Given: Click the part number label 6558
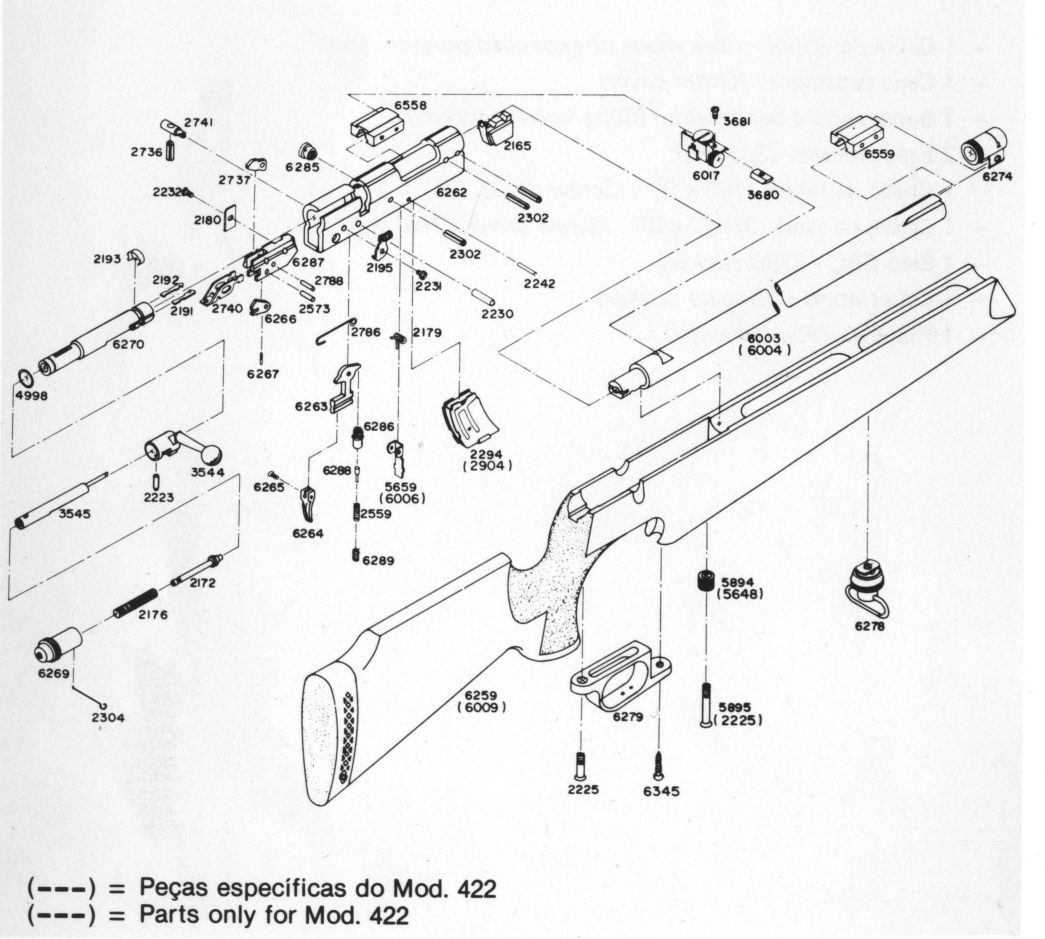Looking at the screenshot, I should [x=410, y=105].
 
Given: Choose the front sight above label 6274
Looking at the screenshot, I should [x=982, y=147].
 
